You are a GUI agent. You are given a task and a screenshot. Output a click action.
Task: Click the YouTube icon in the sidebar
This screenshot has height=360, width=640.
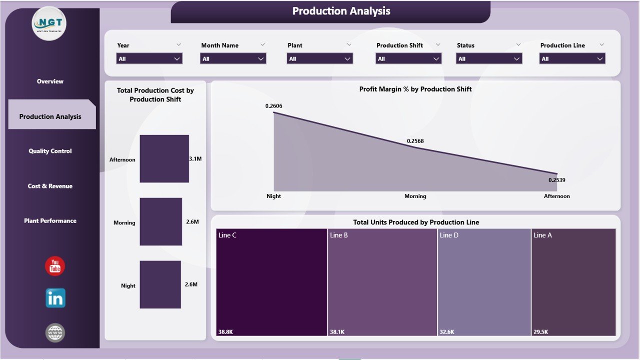(55, 266)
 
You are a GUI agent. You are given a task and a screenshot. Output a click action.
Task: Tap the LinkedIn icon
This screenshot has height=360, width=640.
(55, 298)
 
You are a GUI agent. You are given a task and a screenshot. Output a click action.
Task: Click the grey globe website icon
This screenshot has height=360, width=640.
(55, 332)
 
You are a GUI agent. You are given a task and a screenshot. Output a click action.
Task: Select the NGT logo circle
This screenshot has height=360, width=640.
(49, 23)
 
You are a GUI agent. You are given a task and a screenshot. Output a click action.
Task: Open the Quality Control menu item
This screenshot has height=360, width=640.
(50, 151)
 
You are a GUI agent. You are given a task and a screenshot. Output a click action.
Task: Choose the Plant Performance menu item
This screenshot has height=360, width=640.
(50, 220)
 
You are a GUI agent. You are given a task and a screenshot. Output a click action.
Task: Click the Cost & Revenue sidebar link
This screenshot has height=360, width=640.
(50, 186)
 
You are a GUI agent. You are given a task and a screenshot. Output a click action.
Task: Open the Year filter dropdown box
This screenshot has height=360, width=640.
(149, 58)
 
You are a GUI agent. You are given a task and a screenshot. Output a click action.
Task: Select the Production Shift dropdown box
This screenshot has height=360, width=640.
(408, 58)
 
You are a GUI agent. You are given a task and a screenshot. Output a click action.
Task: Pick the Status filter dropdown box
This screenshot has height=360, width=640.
(489, 58)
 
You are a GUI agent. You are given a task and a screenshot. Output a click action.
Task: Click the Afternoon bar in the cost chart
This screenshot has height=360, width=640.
(164, 158)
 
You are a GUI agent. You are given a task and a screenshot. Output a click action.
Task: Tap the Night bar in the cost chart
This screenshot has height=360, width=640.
(160, 284)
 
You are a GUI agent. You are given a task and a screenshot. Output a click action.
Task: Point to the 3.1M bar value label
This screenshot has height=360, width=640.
(195, 158)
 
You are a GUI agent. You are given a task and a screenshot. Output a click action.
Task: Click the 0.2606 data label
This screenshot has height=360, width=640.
(274, 106)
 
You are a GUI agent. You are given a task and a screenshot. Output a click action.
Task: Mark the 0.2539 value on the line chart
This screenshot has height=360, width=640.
(557, 180)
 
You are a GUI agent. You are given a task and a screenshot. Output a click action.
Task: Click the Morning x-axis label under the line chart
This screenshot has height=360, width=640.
(415, 196)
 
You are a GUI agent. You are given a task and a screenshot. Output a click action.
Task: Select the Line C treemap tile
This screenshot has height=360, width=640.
(272, 282)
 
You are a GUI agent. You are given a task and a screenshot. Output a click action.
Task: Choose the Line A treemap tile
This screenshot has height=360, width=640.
(573, 282)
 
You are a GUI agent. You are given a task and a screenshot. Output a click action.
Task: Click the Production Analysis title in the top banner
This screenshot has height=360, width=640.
(341, 11)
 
